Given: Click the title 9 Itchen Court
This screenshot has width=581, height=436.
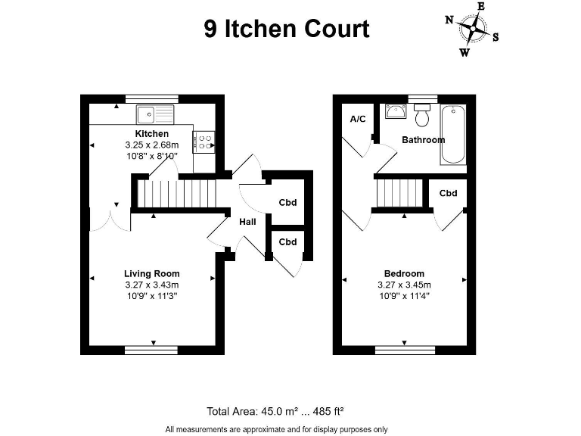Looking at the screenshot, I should coord(286,29).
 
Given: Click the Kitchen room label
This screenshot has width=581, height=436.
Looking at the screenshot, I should coord(151,134).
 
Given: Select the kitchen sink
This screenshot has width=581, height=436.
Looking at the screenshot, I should coord(154,114).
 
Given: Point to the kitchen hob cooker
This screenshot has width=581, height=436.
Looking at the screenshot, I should coord(204,141).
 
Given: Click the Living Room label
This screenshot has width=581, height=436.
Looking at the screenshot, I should coord(152,273).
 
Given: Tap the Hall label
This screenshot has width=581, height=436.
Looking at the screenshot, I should coord(247,223).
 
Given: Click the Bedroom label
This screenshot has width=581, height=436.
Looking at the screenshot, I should coord(404,273).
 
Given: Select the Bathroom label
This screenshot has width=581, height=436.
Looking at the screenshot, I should coord(423,140).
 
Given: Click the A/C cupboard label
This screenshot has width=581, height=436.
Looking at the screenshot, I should coord(358,120).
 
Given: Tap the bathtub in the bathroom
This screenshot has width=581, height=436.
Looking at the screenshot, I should coord(455,135).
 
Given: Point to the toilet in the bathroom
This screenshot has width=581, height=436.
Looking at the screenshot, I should coord(422,116).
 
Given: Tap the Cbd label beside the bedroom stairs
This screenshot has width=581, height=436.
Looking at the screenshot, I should coord(448,194).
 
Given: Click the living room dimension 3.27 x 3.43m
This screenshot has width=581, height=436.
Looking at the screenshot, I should coord(151,285).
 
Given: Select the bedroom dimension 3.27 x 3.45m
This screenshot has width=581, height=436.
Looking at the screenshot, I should coord(404,285).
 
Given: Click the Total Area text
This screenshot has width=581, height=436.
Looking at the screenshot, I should coord(275,412).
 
